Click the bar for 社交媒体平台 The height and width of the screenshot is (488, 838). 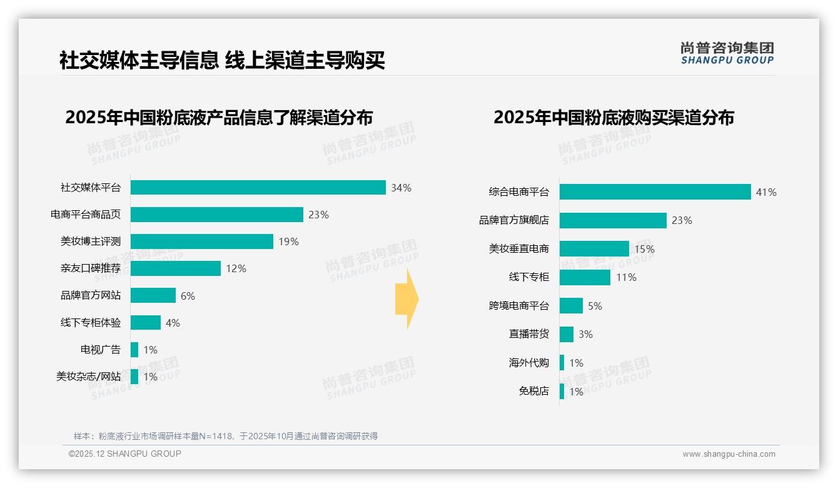point(258,188)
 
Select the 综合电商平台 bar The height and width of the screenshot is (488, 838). point(655,192)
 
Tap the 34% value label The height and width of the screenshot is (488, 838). point(401,188)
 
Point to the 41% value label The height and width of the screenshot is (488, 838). point(766,192)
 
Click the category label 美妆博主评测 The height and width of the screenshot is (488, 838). point(91,241)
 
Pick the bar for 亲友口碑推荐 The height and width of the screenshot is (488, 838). point(176,268)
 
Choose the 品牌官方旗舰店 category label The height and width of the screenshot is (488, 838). point(514,220)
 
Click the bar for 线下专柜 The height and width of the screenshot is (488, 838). point(585,277)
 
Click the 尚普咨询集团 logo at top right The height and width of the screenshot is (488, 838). point(727,53)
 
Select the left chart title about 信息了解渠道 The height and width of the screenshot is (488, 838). point(219,118)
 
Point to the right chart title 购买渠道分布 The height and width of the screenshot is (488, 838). point(613,118)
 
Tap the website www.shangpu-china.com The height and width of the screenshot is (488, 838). point(729,454)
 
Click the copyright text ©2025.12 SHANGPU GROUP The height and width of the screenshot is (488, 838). point(125,454)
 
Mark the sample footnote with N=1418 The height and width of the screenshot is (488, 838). point(226,436)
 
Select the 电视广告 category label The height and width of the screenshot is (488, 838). point(101,350)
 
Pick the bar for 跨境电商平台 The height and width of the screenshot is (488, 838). point(571,306)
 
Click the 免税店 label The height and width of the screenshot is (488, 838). point(533,392)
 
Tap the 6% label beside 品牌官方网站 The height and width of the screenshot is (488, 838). point(188,296)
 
